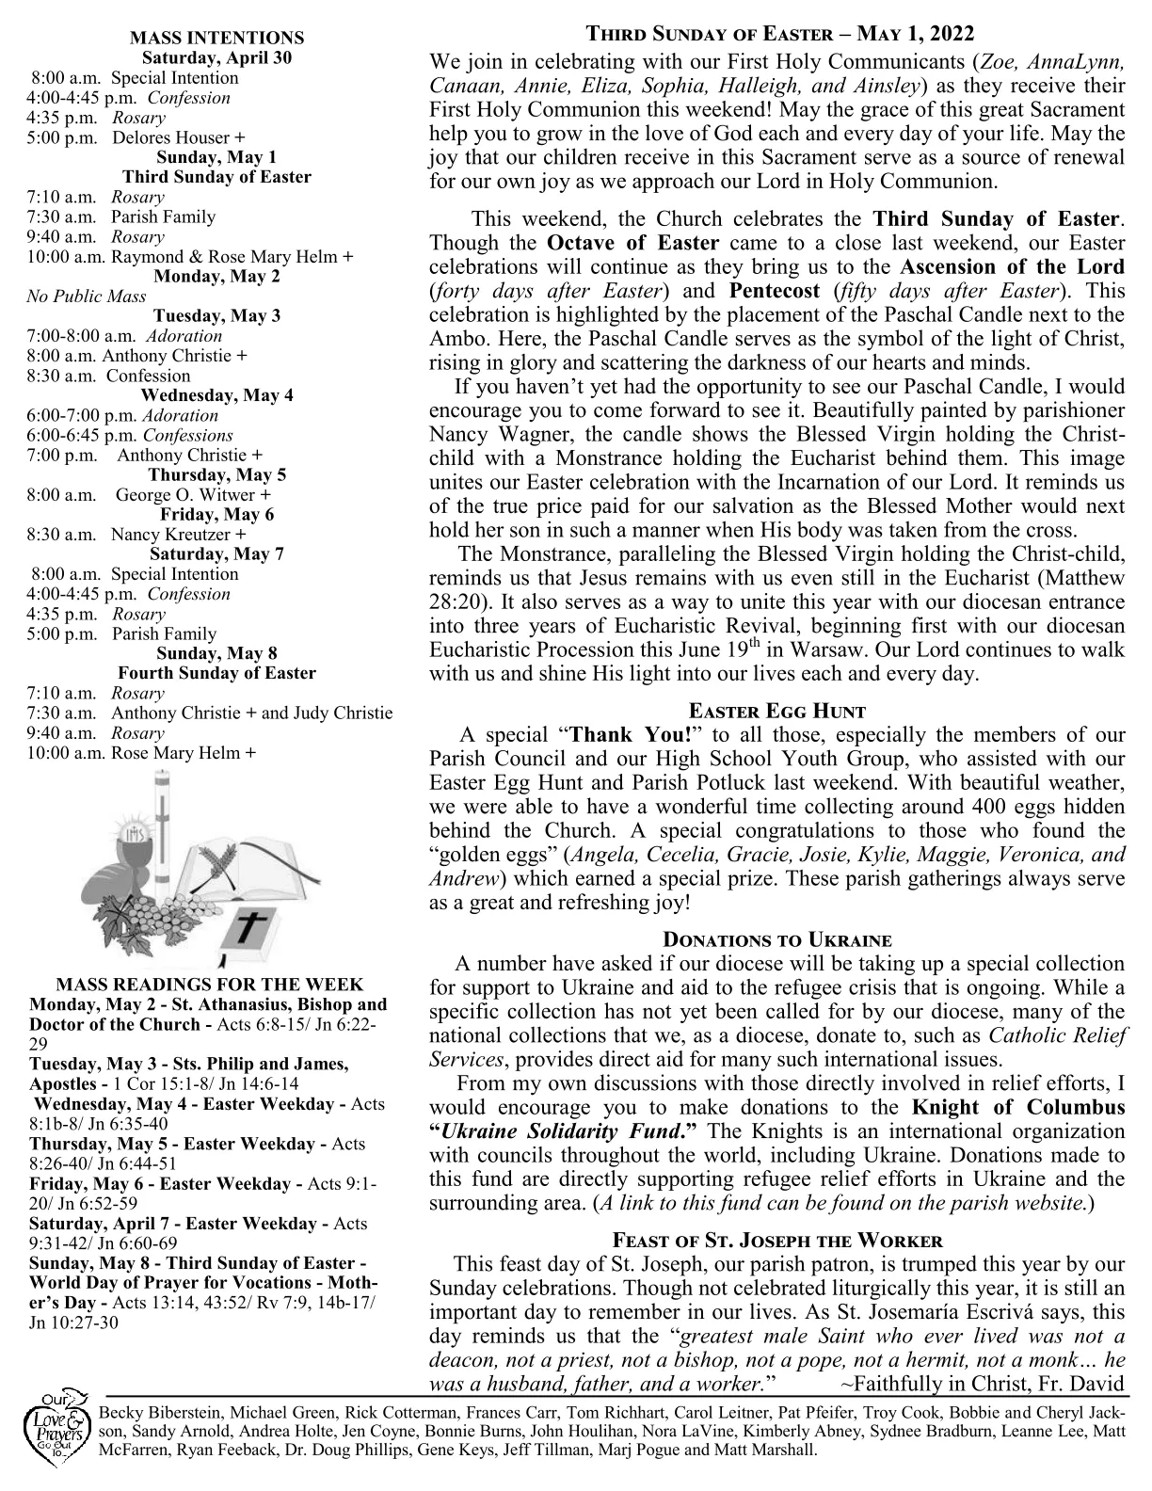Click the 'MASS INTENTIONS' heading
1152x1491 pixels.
click(x=216, y=38)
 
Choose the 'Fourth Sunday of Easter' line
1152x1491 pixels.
click(x=216, y=673)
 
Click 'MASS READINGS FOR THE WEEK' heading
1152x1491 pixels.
click(x=210, y=985)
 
